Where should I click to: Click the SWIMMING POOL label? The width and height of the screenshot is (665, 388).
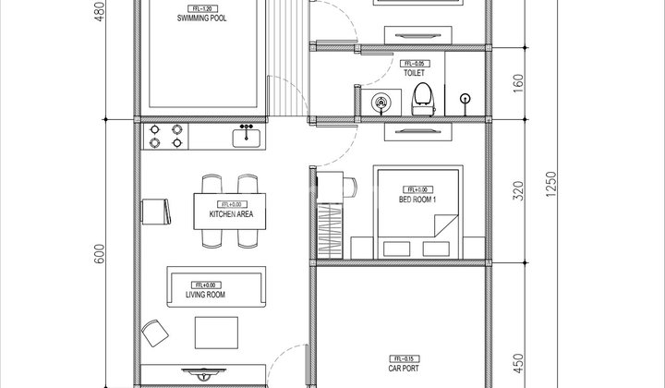204,18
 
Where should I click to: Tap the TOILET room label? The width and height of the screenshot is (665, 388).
412,71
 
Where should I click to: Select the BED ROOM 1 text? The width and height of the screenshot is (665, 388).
417,200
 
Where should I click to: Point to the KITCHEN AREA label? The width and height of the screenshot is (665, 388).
231,215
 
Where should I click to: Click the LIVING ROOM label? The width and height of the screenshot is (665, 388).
206,296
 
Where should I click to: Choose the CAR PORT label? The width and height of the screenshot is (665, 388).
405,368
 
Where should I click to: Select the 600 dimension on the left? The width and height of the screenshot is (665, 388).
102,253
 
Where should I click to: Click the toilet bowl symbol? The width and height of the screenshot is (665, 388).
422,96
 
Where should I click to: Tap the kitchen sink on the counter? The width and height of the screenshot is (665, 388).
247,137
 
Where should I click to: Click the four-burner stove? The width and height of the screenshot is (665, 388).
164,137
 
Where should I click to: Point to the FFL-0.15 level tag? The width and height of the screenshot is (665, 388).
404,358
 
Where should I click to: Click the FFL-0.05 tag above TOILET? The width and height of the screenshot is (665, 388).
412,60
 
